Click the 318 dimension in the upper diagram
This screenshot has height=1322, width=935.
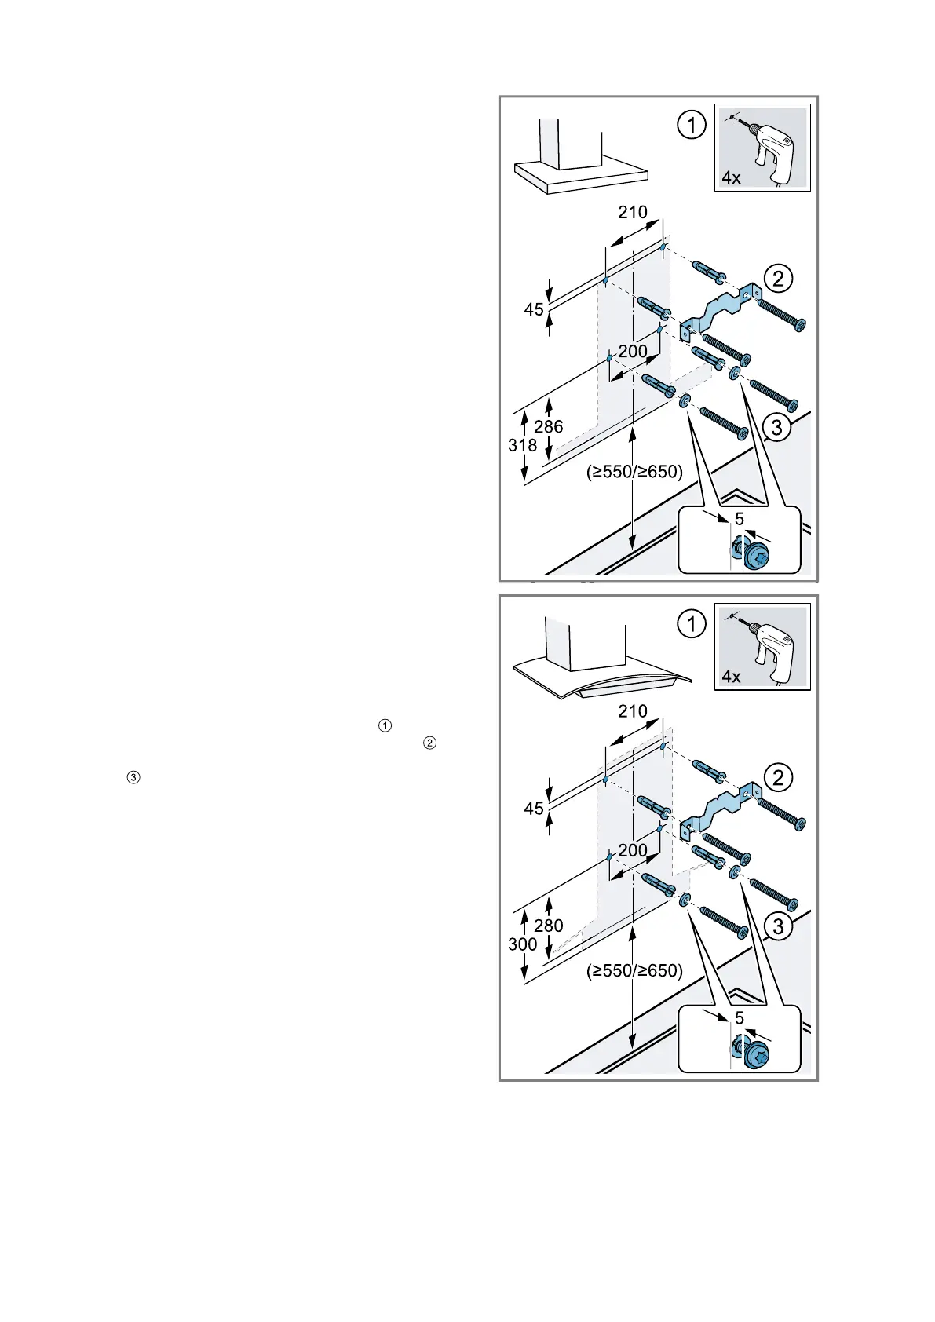click(x=522, y=445)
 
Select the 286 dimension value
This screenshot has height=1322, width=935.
click(x=548, y=427)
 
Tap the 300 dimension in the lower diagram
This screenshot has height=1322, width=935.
click(x=522, y=944)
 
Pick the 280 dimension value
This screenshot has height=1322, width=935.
click(x=548, y=926)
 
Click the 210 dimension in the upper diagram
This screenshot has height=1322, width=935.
click(x=632, y=212)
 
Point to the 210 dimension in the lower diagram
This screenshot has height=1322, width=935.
click(x=632, y=711)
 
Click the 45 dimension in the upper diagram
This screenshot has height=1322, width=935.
click(x=534, y=310)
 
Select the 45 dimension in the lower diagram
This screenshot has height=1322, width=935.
click(x=534, y=809)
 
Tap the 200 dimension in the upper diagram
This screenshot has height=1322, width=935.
click(x=632, y=352)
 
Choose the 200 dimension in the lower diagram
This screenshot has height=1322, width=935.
click(x=632, y=851)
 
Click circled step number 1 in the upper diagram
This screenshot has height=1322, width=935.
click(x=691, y=126)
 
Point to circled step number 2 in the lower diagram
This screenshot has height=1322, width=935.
click(x=777, y=778)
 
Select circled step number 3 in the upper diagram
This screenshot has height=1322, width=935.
click(x=776, y=428)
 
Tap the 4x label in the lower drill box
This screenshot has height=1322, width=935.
click(x=731, y=677)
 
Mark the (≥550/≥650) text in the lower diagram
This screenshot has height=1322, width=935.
click(x=634, y=971)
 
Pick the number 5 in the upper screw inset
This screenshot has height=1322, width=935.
click(x=739, y=520)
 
